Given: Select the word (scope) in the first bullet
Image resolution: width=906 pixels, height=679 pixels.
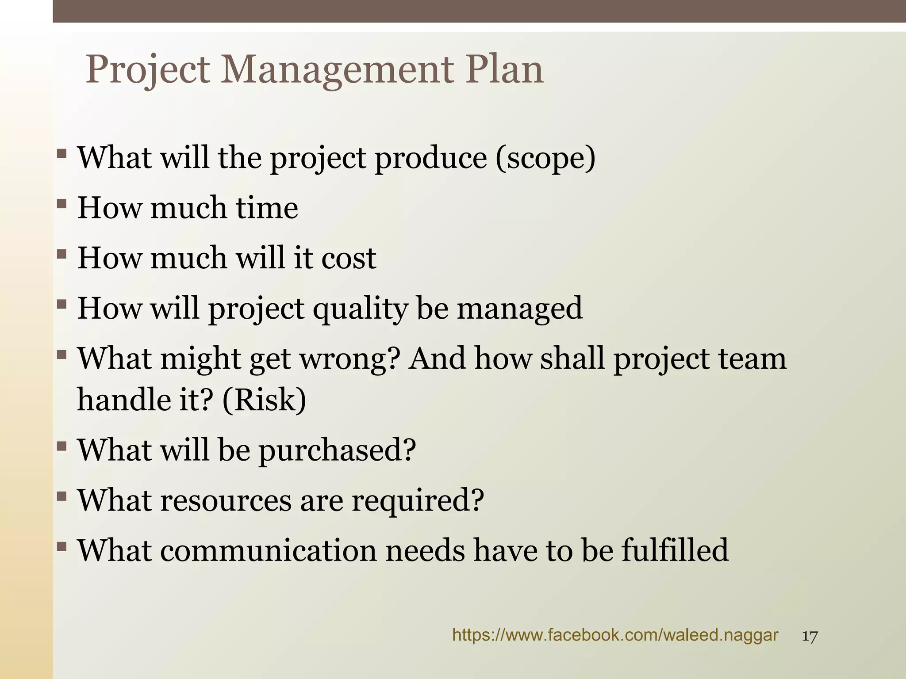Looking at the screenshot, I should point(545,158).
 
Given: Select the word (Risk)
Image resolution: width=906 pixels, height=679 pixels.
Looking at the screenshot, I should point(264,400).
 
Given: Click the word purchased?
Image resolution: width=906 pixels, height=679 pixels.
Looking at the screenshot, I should point(337,450).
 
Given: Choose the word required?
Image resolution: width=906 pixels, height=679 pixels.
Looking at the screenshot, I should point(418,501).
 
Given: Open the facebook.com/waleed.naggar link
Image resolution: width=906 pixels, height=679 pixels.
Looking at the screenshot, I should point(615,635).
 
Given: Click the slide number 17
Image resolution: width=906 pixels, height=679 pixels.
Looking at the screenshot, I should point(810,637).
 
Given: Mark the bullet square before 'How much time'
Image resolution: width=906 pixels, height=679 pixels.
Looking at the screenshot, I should point(61,204).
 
